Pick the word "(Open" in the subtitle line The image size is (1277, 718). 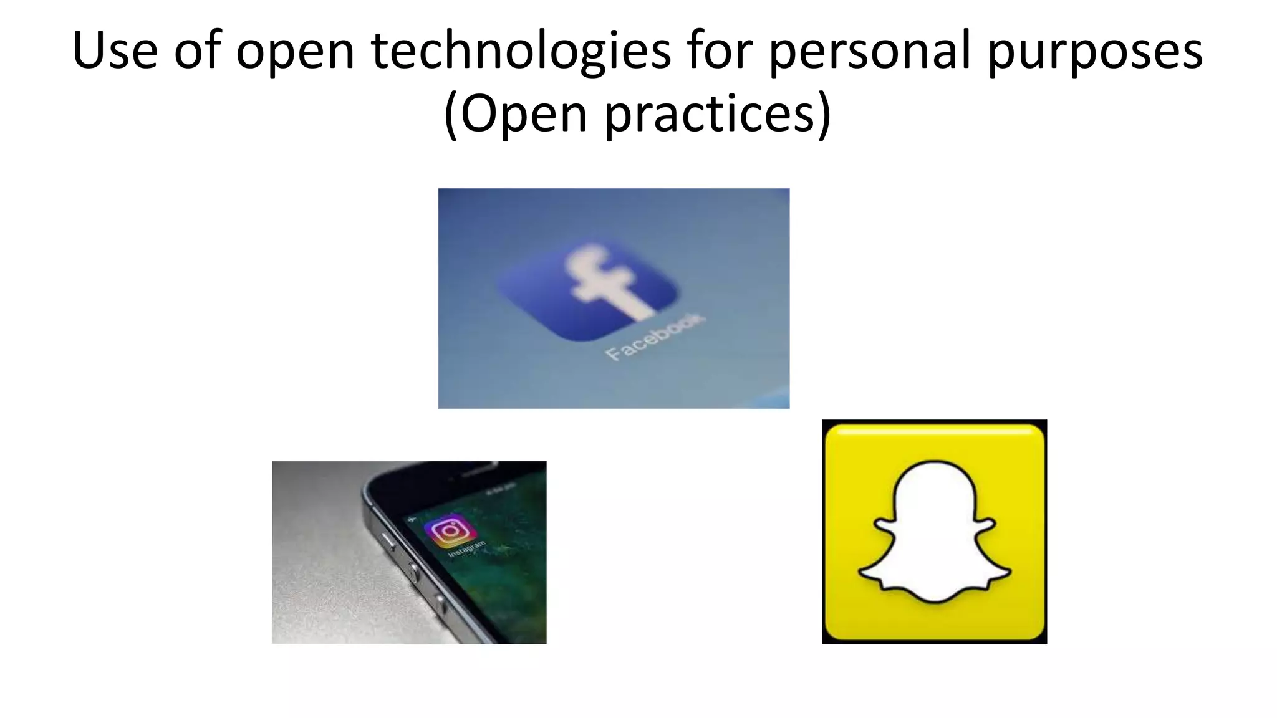click(515, 115)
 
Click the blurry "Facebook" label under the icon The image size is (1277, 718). click(655, 337)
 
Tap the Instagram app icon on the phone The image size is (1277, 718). click(450, 531)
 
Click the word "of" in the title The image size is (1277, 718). click(197, 50)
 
